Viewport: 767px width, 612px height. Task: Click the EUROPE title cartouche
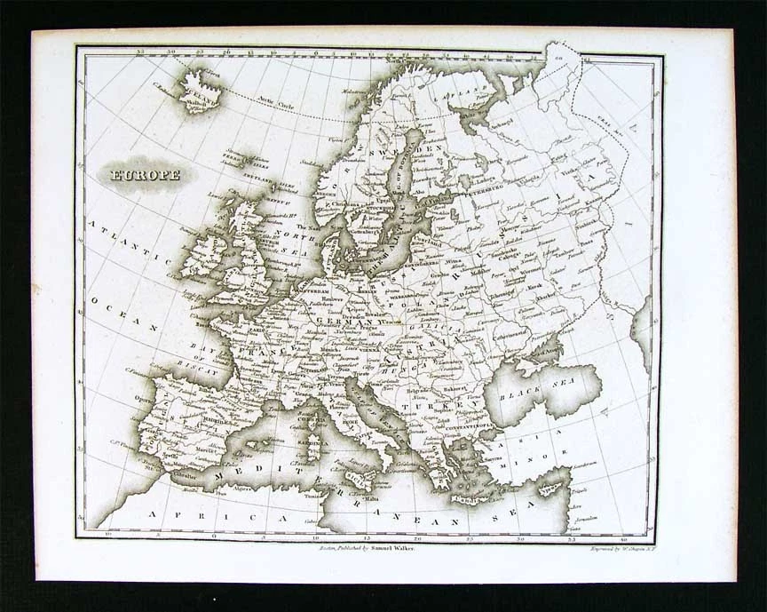pos(145,174)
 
